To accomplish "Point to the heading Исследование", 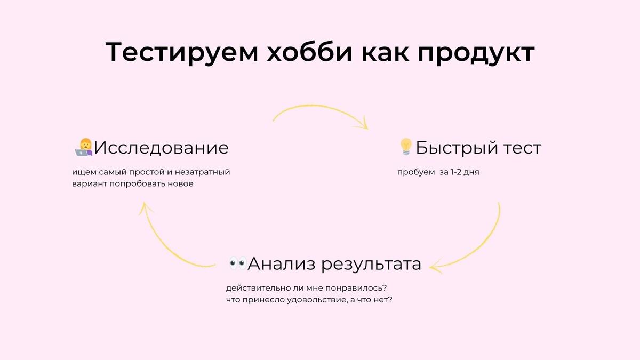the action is coord(161,148).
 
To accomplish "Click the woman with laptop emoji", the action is coord(84,148).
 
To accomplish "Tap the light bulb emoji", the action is coord(406,147).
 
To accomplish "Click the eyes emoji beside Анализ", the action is coord(237,263).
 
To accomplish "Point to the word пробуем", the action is coord(416,173).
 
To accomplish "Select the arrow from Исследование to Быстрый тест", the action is coord(320,113).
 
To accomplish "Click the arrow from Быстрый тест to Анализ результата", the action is coord(483,240).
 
